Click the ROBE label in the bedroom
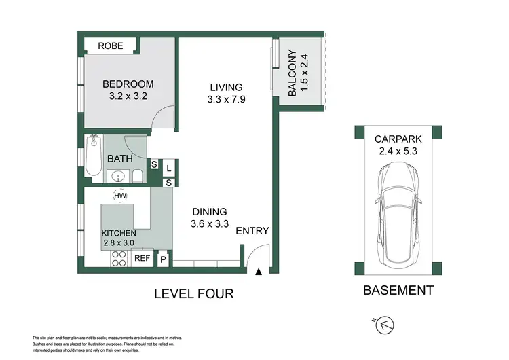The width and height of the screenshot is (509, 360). [111, 46]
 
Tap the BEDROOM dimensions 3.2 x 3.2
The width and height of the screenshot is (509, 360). [128, 96]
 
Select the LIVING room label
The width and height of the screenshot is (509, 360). [226, 87]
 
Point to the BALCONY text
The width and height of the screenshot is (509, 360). [293, 73]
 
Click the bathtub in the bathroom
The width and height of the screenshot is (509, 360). [94, 156]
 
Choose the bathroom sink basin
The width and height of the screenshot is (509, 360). [118, 177]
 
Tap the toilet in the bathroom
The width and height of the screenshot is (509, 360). [137, 176]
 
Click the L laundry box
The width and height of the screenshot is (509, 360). [168, 168]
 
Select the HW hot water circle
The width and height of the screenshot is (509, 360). [120, 196]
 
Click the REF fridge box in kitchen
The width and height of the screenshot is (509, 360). [143, 258]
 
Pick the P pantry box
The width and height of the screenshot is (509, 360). [163, 259]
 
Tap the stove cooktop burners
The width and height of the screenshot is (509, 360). [119, 259]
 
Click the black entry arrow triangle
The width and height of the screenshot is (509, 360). [259, 272]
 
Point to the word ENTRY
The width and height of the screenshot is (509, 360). [252, 231]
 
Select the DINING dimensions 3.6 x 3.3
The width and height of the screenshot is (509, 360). [210, 224]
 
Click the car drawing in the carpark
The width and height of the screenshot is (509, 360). [398, 215]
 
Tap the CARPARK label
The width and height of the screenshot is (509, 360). [398, 139]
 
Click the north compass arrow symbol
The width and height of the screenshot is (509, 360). [384, 325]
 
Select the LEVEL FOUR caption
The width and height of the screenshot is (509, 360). [194, 293]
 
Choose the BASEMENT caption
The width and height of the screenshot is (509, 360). [398, 290]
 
